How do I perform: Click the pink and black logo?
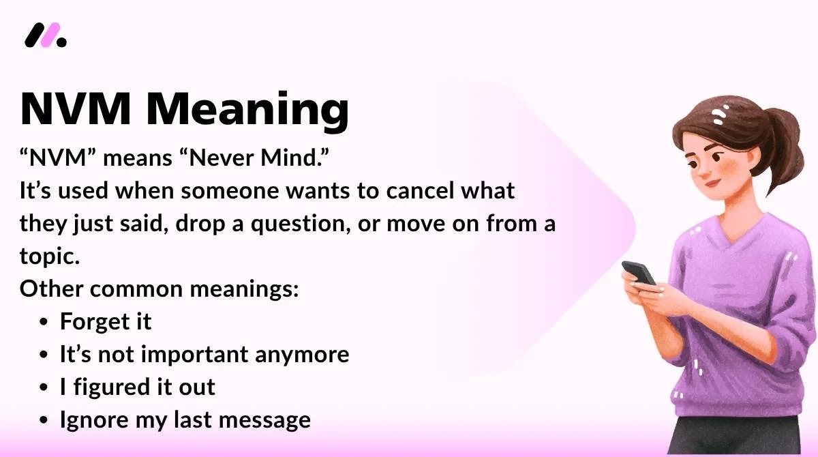[x=46, y=35]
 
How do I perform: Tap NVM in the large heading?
[x=75, y=109]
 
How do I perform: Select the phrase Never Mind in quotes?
[x=254, y=158]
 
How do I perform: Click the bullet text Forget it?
[x=106, y=321]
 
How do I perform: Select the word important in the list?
[x=195, y=355]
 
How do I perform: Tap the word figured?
[x=112, y=388]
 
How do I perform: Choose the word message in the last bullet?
[x=264, y=420]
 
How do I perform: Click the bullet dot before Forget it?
[x=44, y=322]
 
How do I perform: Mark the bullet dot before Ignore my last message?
[x=44, y=420]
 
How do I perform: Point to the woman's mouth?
[x=712, y=183]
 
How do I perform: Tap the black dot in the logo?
[x=62, y=42]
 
